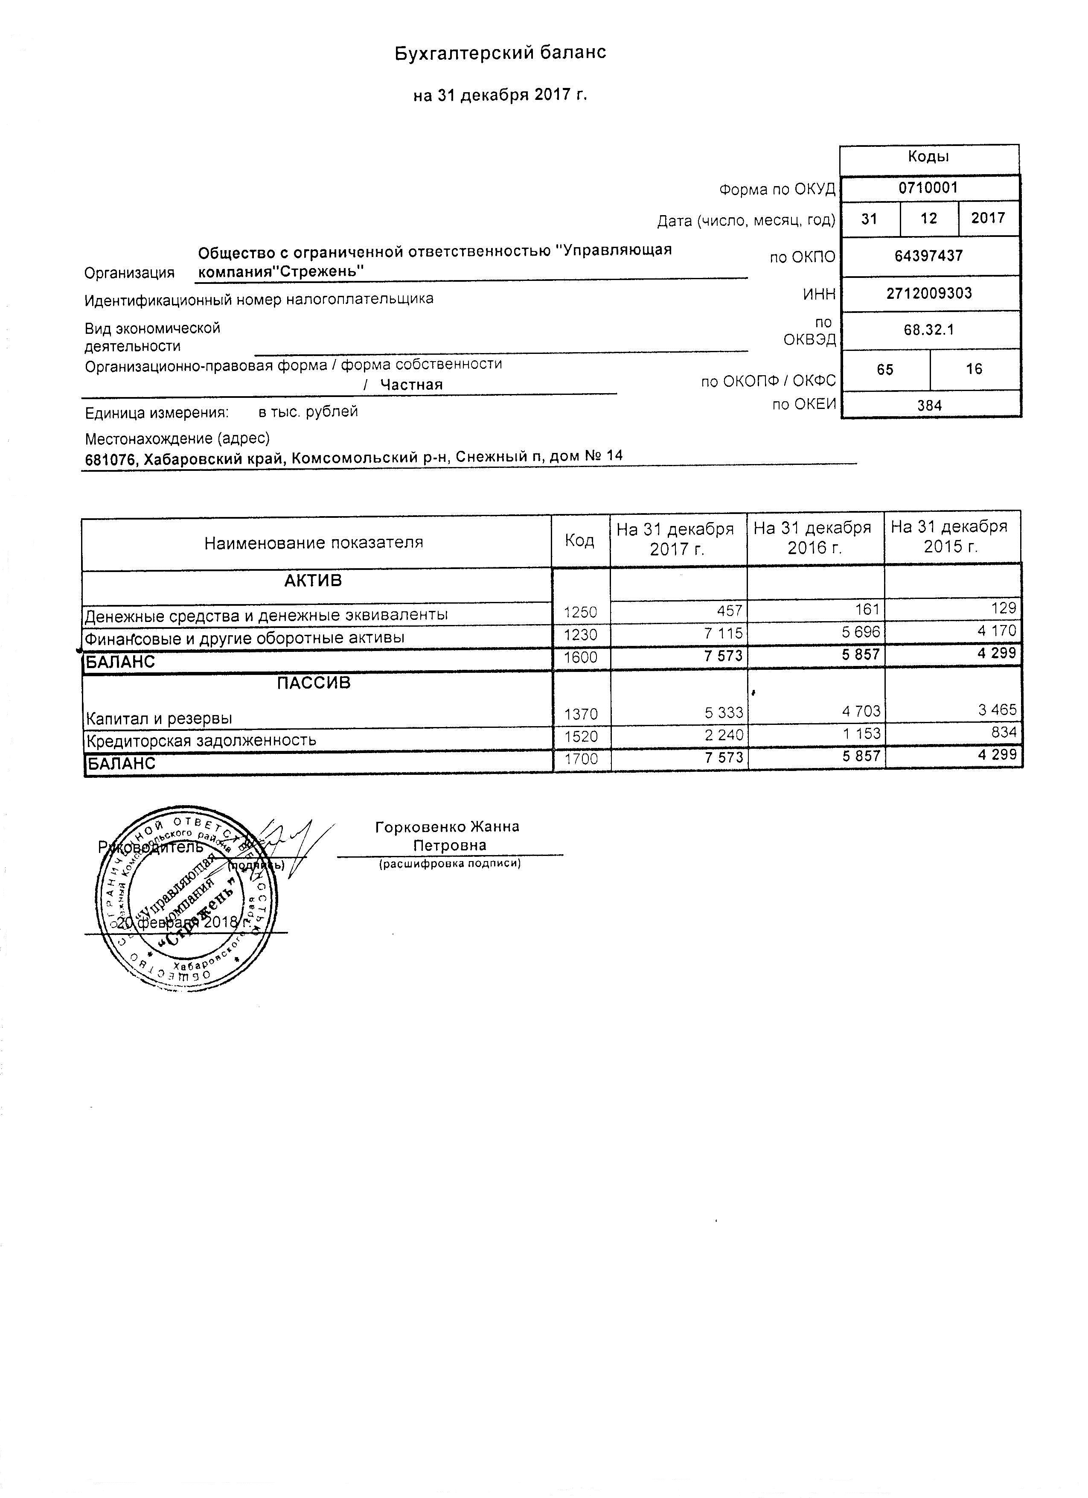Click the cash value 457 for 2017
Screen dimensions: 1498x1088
tap(730, 611)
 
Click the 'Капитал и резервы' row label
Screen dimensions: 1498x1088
tap(158, 718)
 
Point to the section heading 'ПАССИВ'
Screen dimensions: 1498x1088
tap(314, 683)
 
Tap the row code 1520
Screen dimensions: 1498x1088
tap(581, 736)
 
